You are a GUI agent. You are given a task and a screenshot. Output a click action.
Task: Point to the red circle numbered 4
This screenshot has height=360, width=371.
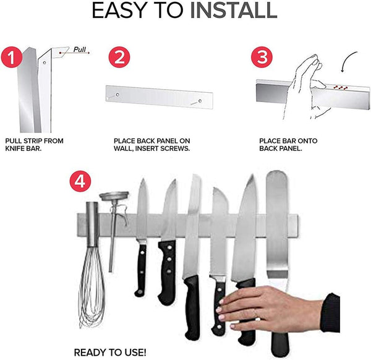[80, 182]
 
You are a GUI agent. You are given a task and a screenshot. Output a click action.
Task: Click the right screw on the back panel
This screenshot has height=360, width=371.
[199, 100]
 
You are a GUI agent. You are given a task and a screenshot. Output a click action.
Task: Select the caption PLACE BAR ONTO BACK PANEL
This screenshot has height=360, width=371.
[288, 145]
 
